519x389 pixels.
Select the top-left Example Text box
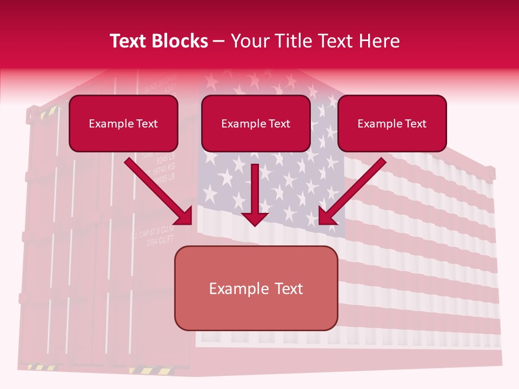pos(123,123)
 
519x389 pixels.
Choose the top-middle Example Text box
pos(256,123)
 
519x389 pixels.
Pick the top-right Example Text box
pos(392,123)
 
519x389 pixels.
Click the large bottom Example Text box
pos(256,288)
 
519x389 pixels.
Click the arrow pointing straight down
pos(255,192)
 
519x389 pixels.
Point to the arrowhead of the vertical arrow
pos(255,218)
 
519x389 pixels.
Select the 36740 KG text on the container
pos(164,169)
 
